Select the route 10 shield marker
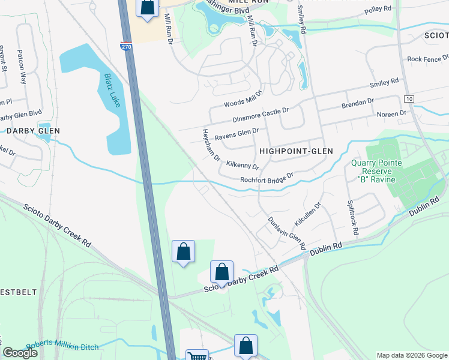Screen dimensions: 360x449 [x=409, y=98]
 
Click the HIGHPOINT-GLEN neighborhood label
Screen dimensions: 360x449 [x=296, y=151]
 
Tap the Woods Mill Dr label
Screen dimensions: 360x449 [x=244, y=99]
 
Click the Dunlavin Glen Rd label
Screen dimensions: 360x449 [x=286, y=233]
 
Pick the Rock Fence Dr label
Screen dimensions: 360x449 [x=428, y=59]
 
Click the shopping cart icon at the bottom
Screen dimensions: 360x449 [x=196, y=355]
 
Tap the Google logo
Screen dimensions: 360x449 [x=20, y=353]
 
